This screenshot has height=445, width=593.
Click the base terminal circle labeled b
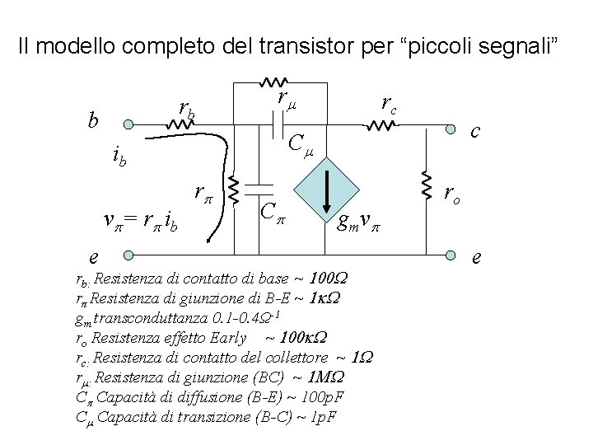point(128,126)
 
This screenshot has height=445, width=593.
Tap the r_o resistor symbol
point(427,187)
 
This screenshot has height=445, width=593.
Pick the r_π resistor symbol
point(233,190)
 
